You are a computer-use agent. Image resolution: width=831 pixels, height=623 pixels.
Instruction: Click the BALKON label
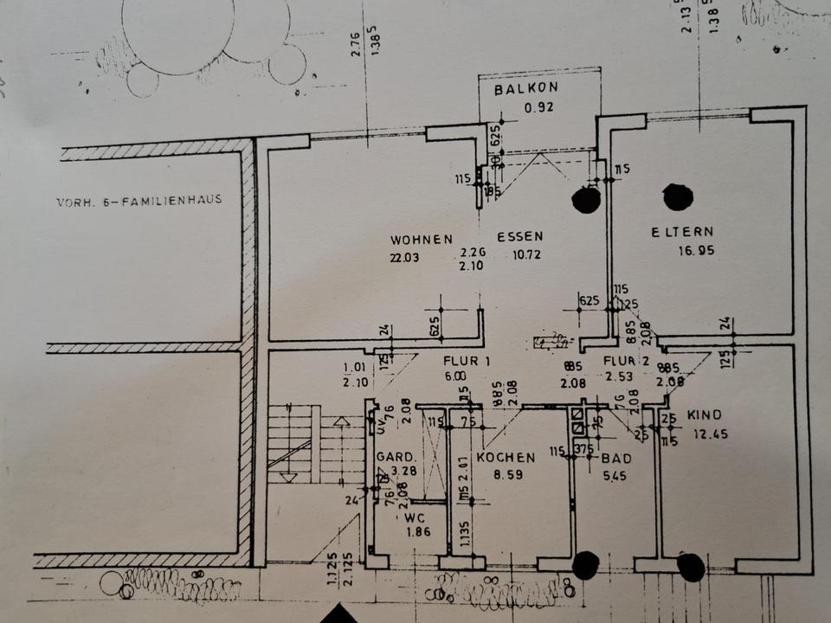pyautogui.click(x=526, y=90)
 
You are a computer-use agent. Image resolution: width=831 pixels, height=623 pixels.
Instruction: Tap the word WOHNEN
pyautogui.click(x=422, y=238)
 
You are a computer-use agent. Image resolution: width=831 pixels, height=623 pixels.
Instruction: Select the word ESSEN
pyautogui.click(x=519, y=236)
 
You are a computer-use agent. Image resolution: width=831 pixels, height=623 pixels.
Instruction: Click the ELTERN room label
pyautogui.click(x=684, y=232)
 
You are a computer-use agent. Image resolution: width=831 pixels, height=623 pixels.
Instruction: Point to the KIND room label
pyautogui.click(x=704, y=415)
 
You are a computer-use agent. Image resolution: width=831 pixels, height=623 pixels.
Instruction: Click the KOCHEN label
pyautogui.click(x=506, y=458)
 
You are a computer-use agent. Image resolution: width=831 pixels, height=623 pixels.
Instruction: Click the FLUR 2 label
pyautogui.click(x=621, y=361)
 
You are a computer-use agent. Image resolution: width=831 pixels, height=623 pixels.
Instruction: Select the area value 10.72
pyautogui.click(x=521, y=254)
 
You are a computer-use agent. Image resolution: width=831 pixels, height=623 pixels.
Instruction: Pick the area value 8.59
pyautogui.click(x=509, y=475)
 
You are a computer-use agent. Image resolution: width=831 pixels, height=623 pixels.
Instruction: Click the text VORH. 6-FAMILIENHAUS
pyautogui.click(x=139, y=200)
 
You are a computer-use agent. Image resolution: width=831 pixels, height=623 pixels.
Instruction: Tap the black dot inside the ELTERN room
pyautogui.click(x=678, y=197)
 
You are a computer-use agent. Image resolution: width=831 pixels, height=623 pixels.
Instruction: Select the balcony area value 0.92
pyautogui.click(x=537, y=108)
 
